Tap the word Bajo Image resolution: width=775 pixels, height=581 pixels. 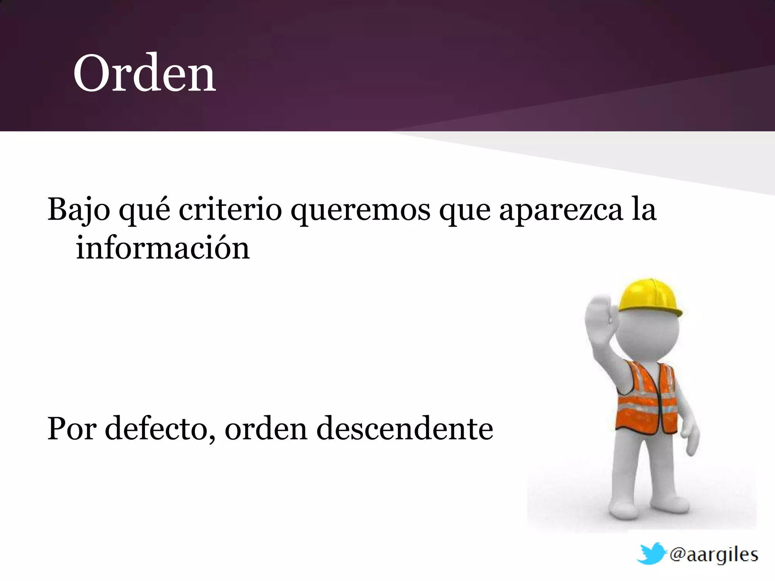coord(79,210)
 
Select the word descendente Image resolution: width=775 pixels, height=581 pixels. coord(405,429)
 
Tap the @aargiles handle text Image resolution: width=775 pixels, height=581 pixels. coord(714,555)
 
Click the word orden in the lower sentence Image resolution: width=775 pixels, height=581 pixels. coord(266,429)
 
